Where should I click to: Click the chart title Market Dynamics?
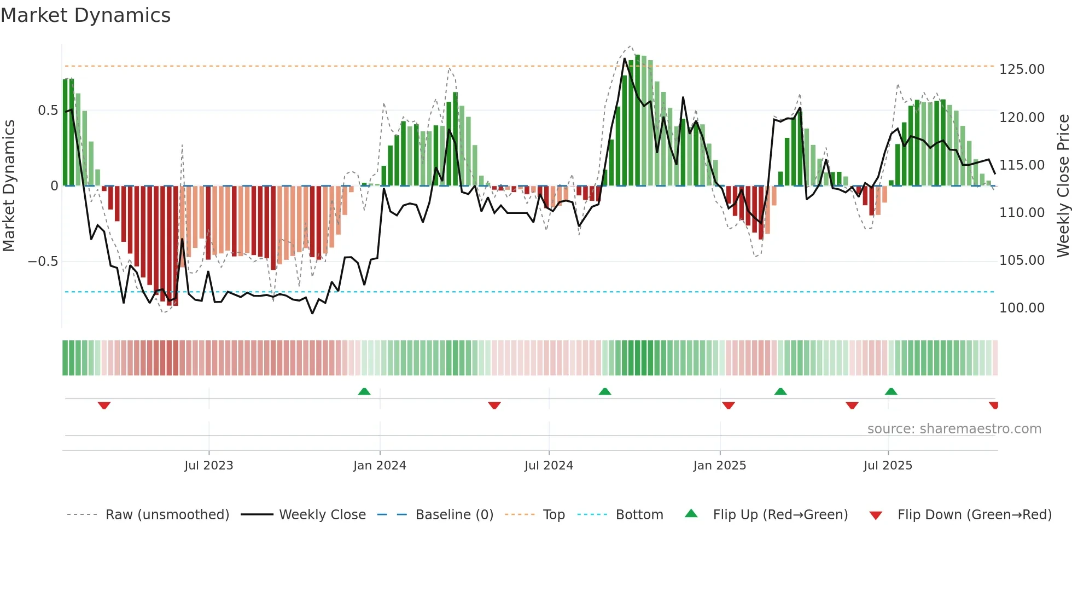pos(85,15)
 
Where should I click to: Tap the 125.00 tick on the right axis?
pos(1022,69)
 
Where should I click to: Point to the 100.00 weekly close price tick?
pos(1022,308)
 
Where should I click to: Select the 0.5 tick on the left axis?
pos(48,111)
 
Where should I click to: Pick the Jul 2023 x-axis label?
pos(208,466)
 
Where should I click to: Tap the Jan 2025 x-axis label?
pos(719,466)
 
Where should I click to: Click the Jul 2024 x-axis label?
pos(549,466)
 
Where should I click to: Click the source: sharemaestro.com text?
pos(954,429)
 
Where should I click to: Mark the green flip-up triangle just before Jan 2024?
pos(364,391)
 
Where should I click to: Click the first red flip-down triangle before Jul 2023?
pos(104,405)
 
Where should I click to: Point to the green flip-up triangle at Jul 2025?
pos(891,391)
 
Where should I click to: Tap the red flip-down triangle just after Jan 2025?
pos(728,405)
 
